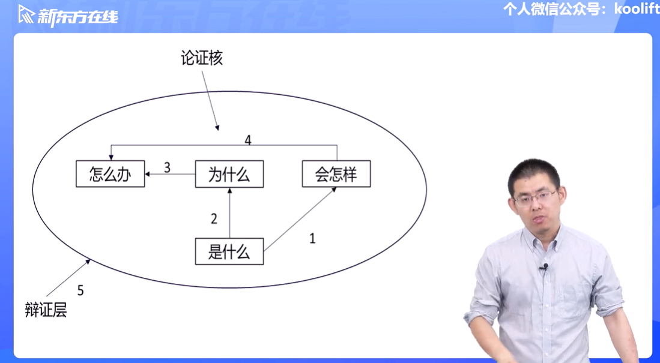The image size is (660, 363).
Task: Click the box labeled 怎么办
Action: click(110, 174)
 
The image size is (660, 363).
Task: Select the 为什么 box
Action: click(229, 174)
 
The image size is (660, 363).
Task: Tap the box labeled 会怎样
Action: click(336, 174)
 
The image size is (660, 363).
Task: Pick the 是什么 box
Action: click(229, 251)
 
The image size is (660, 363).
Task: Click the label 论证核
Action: click(202, 58)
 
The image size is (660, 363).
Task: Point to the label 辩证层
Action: click(46, 310)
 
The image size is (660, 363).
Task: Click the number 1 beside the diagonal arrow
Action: click(312, 238)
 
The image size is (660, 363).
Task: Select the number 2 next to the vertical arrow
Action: click(214, 219)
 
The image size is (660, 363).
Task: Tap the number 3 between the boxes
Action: click(168, 167)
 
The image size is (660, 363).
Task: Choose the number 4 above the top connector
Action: click(248, 140)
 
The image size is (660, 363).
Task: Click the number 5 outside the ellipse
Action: click(80, 291)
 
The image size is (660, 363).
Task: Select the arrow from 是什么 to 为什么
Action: click(229, 213)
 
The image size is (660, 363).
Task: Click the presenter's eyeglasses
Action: click(535, 197)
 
